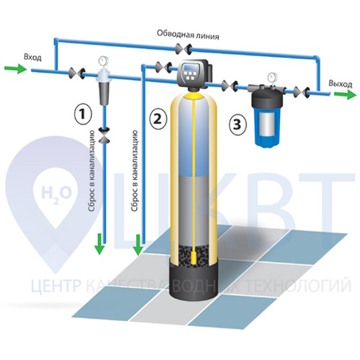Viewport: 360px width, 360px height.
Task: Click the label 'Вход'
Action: point(32,58)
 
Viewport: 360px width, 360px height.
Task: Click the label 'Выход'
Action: point(341,84)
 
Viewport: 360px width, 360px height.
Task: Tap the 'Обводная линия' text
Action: point(188,35)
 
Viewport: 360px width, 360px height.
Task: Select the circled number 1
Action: point(83,114)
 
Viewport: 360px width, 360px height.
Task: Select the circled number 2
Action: point(158,118)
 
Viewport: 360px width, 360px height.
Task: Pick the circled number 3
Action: point(237,125)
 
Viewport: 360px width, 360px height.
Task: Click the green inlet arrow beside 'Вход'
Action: point(16,68)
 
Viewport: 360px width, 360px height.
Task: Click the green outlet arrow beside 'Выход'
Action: point(345,94)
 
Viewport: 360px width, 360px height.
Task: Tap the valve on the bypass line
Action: point(183,49)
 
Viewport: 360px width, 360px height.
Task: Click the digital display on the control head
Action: point(191,66)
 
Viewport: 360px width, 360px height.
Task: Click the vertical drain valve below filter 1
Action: point(104,135)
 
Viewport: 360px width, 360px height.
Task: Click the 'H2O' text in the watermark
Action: point(57,194)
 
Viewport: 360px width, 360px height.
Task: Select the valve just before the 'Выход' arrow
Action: point(302,92)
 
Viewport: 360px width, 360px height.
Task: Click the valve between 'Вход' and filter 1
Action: point(77,73)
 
